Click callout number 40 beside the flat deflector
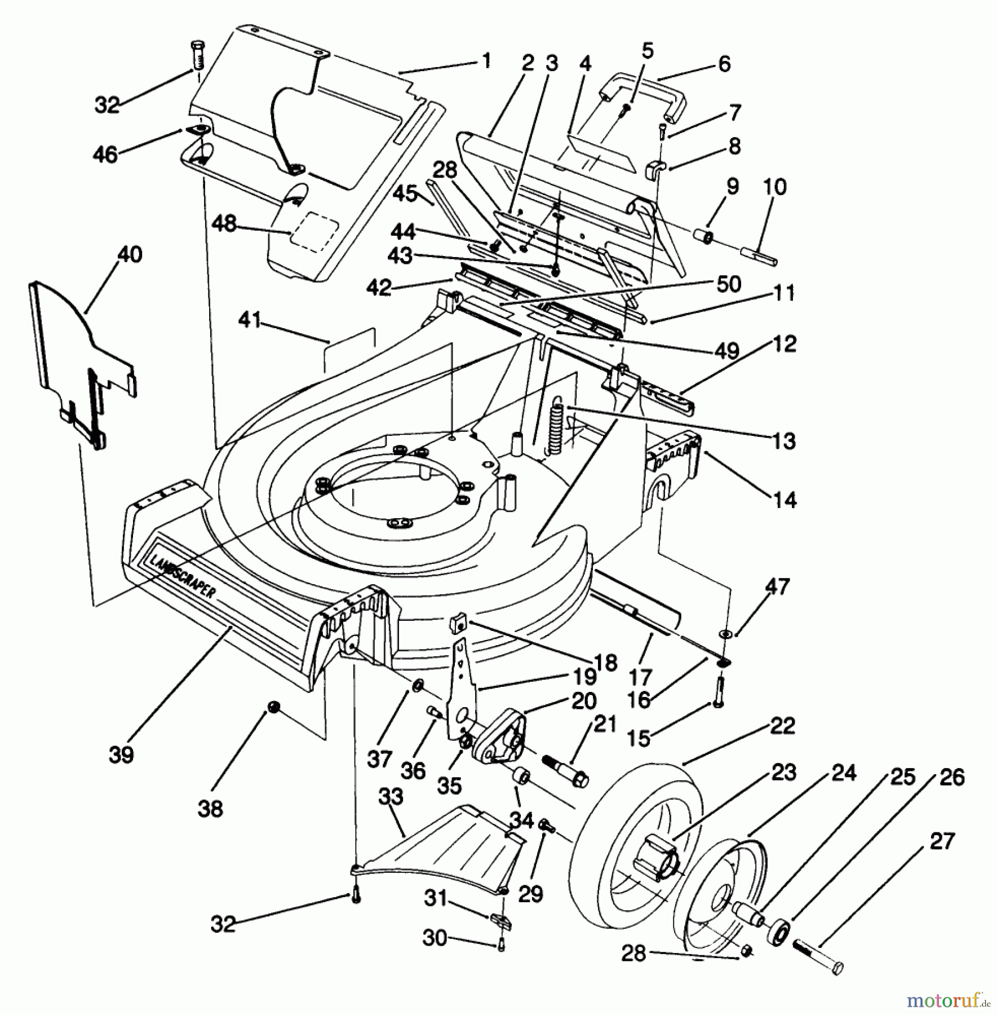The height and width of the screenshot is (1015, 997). (129, 254)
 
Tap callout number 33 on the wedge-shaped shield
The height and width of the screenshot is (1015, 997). (391, 796)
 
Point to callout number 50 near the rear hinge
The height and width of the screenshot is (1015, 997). (728, 284)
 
